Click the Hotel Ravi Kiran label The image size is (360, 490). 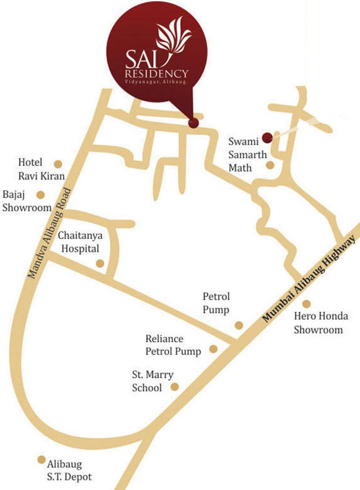41,169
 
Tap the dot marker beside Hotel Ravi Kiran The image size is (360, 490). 58,164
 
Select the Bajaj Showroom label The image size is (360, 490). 27,201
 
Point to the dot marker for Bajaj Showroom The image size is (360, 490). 41,195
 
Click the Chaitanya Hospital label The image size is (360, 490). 80,242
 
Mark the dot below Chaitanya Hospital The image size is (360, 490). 100,264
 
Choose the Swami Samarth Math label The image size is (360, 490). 248,154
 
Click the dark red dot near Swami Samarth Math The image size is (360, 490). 267,137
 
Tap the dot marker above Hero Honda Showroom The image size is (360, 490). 306,304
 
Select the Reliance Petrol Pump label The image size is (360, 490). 173,345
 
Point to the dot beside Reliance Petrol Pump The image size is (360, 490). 213,349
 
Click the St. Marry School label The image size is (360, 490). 152,381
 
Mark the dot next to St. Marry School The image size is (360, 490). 174,387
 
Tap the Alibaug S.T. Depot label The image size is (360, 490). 69,471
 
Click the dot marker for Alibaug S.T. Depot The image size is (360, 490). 41,460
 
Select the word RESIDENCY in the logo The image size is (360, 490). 157,74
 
